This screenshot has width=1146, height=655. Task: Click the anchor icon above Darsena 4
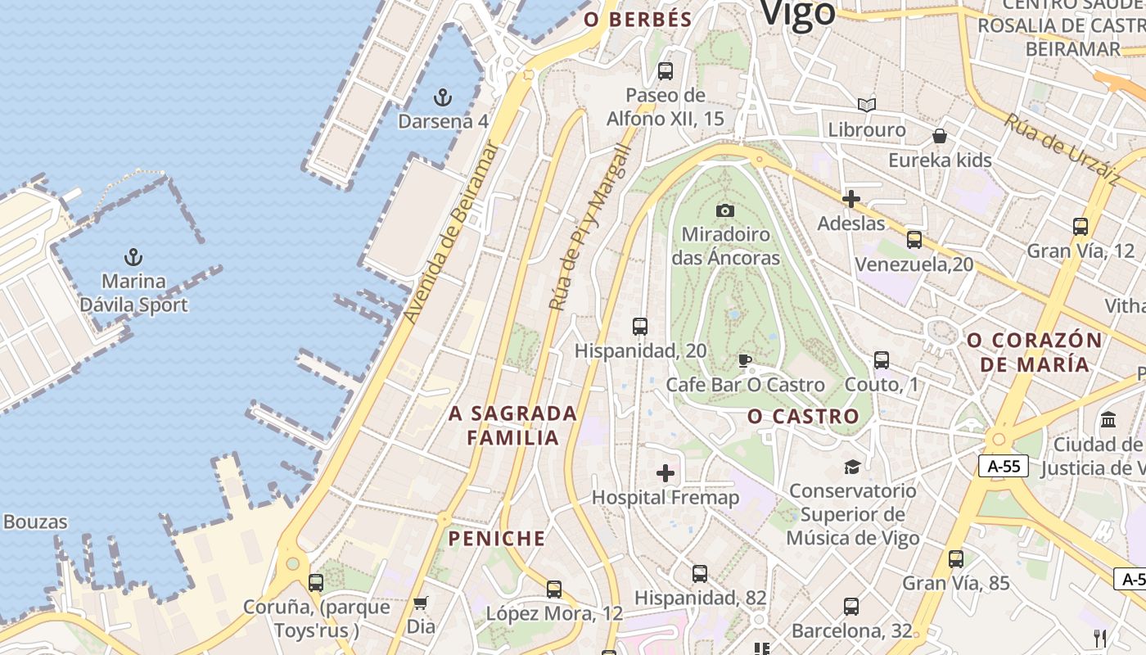coord(442,98)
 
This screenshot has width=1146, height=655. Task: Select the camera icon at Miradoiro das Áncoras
coord(725,210)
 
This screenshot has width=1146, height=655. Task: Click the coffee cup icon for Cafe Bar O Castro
coord(744,360)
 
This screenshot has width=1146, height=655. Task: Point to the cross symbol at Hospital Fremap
coord(665,473)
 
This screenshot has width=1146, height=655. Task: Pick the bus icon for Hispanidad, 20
coord(640,327)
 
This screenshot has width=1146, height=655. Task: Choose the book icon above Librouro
coord(867,105)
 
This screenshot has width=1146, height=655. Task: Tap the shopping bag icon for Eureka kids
coord(940,136)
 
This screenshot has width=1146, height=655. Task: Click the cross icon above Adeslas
coord(851,199)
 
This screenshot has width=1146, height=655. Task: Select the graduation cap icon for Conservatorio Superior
coord(852,467)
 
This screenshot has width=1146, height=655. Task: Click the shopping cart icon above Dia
coord(421,603)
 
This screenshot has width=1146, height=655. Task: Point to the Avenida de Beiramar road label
coord(451,233)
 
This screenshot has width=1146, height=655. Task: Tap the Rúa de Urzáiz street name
coord(1062,147)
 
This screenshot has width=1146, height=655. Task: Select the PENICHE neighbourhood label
coord(496,538)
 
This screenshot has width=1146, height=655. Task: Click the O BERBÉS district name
coord(638,20)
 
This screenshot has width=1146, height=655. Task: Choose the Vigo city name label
coord(797,13)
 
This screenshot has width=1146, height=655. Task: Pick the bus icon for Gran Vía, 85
coord(956,559)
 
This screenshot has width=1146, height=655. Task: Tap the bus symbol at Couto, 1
coord(882,360)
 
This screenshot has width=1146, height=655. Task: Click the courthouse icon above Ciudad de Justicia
coord(1109,420)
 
